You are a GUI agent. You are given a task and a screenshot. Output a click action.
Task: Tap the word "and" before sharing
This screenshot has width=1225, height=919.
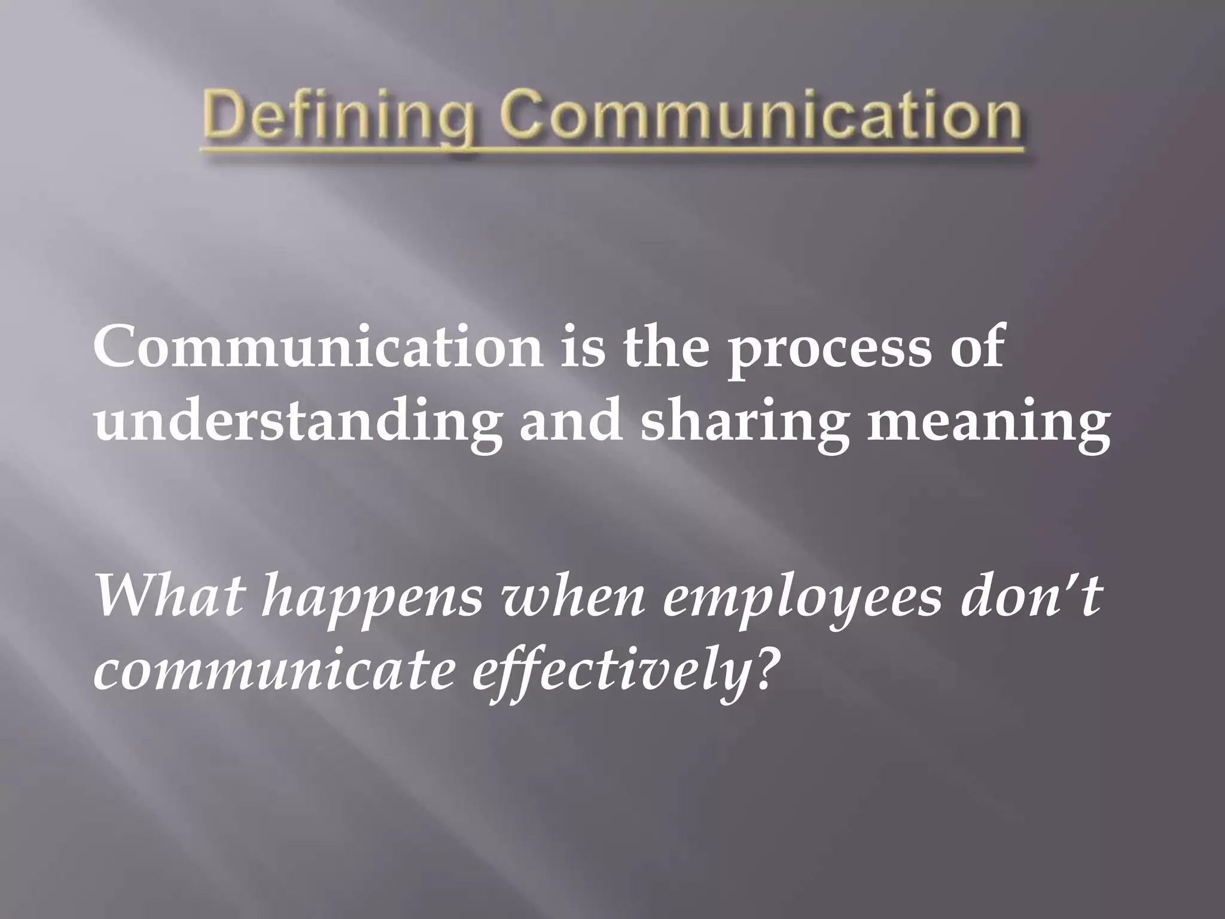tap(568, 417)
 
